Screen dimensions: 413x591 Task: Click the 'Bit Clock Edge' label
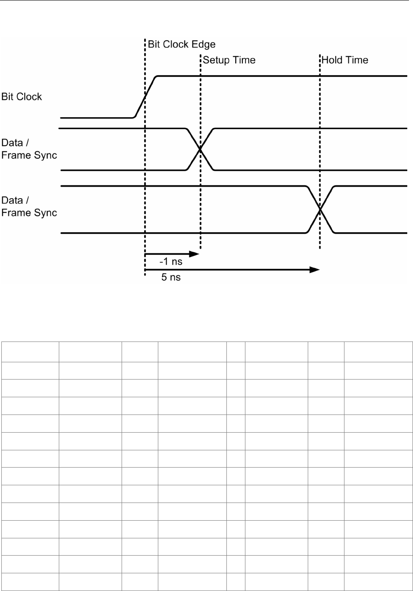point(181,44)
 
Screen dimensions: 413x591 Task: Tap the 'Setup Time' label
point(229,60)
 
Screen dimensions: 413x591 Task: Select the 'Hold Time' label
point(345,60)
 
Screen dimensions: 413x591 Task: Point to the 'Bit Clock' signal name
point(22,97)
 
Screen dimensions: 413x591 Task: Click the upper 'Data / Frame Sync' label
point(29,149)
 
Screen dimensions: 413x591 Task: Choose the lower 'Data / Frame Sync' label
point(29,207)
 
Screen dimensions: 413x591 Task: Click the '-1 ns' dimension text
point(171,261)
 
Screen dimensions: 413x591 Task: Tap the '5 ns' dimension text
point(171,278)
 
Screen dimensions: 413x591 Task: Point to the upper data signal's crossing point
point(200,149)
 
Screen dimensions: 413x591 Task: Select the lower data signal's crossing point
point(320,209)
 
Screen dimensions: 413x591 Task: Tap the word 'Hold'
point(333,60)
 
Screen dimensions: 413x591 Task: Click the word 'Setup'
point(217,60)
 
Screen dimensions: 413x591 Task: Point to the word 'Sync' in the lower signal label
point(46,213)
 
